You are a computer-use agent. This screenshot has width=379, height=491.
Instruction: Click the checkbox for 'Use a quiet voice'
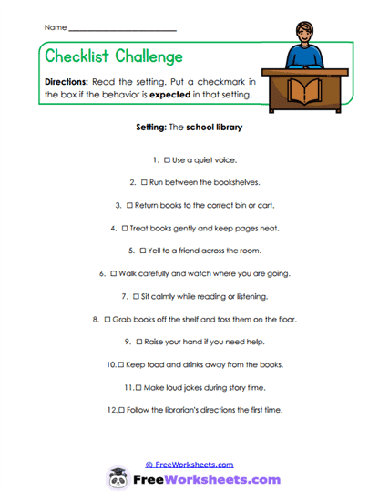coord(166,160)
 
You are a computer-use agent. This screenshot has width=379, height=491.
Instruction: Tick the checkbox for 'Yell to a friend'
coord(142,250)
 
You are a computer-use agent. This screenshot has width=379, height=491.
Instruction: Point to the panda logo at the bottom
coord(118,477)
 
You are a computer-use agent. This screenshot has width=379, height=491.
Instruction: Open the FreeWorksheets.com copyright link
coord(189,465)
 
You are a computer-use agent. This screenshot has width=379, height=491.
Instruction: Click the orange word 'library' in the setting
coord(229,128)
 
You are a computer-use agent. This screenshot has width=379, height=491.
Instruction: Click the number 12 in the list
coord(112,410)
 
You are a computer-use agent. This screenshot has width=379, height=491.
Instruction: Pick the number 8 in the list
coord(96,319)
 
